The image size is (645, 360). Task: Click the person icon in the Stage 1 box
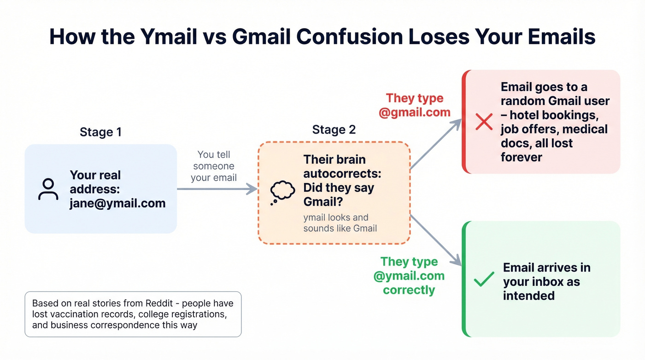point(48,189)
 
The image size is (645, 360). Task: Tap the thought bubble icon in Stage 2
point(282,192)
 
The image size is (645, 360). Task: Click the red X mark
point(484,122)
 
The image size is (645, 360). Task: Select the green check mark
point(484,279)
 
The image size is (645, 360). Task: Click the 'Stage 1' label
point(100,132)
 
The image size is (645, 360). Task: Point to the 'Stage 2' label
point(334,130)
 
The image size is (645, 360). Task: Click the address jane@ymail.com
point(117,203)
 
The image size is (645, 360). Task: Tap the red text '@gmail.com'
point(414,112)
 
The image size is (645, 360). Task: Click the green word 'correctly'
point(409,290)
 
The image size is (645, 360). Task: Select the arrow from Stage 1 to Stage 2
point(217,188)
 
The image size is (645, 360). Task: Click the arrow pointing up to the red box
point(435,143)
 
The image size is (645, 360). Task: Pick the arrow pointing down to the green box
point(435,240)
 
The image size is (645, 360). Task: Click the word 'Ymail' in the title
point(166,37)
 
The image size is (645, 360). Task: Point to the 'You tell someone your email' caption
point(214,166)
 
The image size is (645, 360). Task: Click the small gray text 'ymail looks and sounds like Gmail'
point(340,222)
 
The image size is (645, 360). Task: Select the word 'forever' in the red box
point(521,157)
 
